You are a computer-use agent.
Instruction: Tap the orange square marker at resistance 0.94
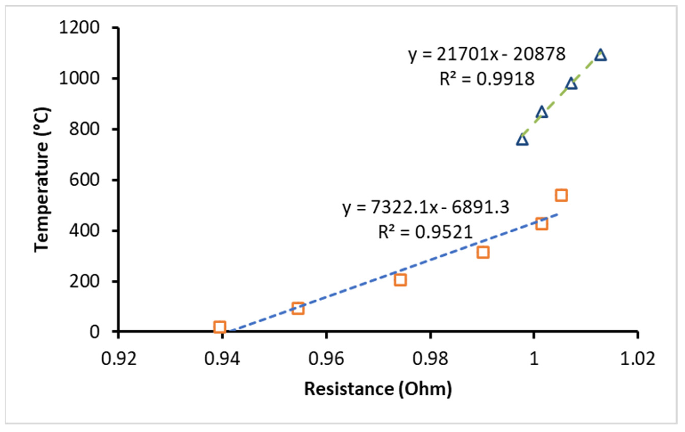click(x=219, y=327)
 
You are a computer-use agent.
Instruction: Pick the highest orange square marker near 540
click(x=561, y=196)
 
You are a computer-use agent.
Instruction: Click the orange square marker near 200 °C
click(x=400, y=280)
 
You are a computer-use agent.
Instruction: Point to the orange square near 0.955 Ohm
click(x=298, y=308)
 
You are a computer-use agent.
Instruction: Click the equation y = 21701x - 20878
click(x=487, y=54)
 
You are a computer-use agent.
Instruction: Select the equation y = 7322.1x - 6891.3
click(x=425, y=207)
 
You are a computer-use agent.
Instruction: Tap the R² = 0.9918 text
click(x=487, y=79)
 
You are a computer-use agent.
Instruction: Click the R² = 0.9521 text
click(x=425, y=232)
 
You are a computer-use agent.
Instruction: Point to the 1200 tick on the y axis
click(x=79, y=28)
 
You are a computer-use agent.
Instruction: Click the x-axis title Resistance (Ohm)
click(x=378, y=389)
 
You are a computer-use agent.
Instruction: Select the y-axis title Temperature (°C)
click(x=42, y=179)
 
